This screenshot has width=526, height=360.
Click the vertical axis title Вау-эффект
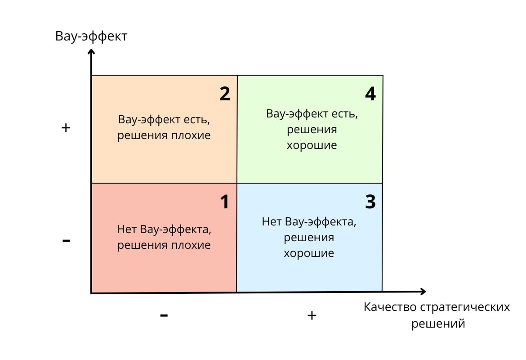(91, 36)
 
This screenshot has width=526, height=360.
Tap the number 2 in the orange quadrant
(225, 94)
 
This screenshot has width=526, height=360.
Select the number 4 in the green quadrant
(370, 94)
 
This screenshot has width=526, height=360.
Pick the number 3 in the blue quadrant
(370, 202)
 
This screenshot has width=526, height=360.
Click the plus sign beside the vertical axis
(66, 128)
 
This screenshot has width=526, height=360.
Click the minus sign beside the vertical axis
(66, 241)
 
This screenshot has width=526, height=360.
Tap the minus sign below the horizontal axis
(164, 315)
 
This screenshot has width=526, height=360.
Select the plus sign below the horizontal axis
(312, 315)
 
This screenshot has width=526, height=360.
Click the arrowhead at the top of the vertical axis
(91, 52)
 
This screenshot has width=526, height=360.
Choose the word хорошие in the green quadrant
(312, 146)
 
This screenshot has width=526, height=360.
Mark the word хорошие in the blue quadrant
(309, 253)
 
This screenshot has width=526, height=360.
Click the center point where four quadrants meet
(237, 183)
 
